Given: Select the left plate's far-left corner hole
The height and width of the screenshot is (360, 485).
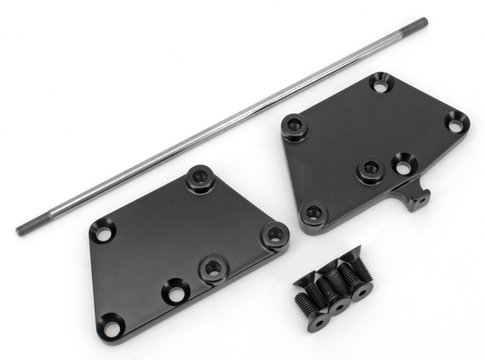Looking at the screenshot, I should (102, 234).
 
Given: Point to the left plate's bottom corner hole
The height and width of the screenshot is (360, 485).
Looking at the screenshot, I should (110, 323).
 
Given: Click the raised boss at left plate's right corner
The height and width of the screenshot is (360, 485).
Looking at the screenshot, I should (273, 235).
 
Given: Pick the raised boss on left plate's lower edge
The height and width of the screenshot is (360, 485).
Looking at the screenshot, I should (214, 267).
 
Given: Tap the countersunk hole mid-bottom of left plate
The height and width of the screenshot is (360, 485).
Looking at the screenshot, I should (172, 293).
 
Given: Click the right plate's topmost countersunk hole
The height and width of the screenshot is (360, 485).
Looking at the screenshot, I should (379, 85).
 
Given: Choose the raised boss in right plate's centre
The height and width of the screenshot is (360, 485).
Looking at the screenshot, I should (368, 170).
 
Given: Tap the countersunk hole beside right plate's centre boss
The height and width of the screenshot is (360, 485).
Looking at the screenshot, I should (401, 166).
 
